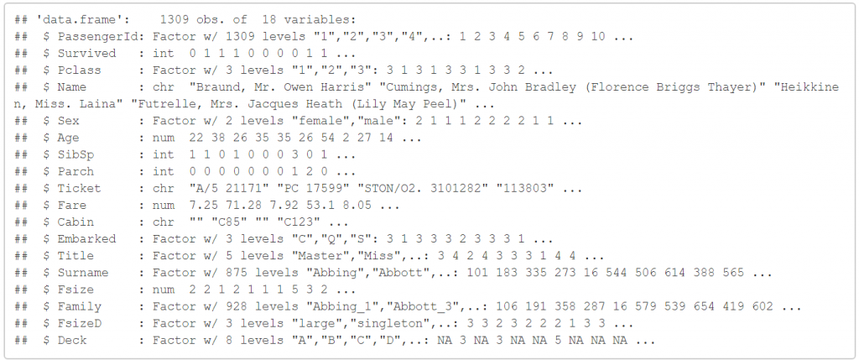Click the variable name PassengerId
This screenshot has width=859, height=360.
click(91, 37)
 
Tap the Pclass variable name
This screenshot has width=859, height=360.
click(77, 70)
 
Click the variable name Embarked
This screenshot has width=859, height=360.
click(84, 238)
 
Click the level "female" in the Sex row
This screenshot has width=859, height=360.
click(284, 121)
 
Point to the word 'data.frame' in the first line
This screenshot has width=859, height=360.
click(67, 19)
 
